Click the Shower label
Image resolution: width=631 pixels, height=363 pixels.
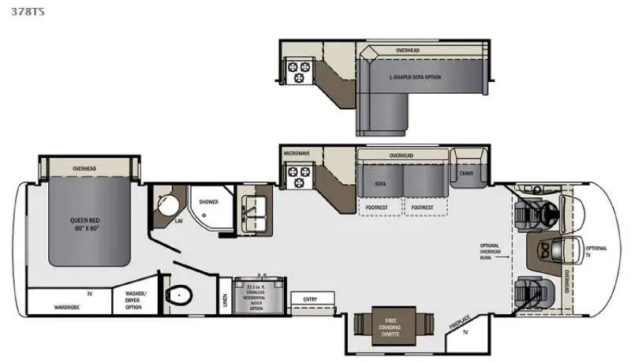pyautogui.click(x=208, y=202)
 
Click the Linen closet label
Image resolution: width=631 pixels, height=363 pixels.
pyautogui.click(x=225, y=299)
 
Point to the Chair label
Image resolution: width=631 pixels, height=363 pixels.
pyautogui.click(x=465, y=173)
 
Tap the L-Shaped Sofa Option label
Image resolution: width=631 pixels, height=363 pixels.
pyautogui.click(x=416, y=77)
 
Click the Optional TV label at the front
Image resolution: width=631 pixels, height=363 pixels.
pyautogui.click(x=596, y=252)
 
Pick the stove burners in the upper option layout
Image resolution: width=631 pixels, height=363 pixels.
pyautogui.click(x=301, y=72)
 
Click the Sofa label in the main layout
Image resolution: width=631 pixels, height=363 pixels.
pyautogui.click(x=379, y=182)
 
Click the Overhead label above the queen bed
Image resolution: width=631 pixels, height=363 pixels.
pyautogui.click(x=84, y=168)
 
